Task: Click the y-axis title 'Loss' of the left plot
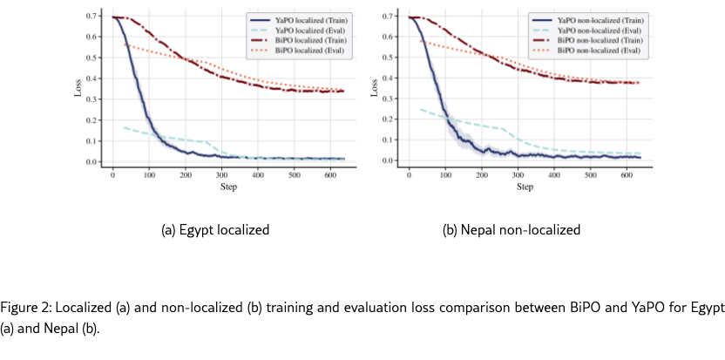tap(78, 90)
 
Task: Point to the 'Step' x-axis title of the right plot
tap(525, 187)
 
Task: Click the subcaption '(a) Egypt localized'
tap(215, 230)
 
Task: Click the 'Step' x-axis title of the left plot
tap(228, 187)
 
